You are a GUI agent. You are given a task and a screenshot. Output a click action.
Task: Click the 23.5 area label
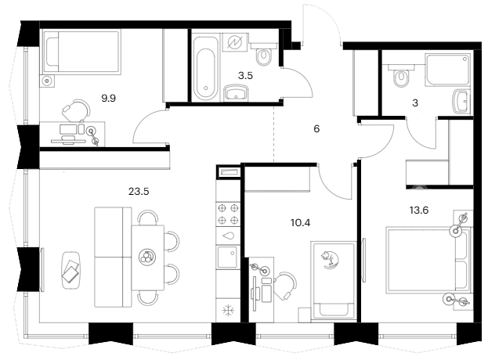tap(139, 192)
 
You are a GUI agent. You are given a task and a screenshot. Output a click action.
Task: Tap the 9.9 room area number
tap(109, 99)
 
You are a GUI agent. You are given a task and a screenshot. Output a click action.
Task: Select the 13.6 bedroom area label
tap(419, 211)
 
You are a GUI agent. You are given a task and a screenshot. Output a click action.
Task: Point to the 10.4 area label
tap(300, 223)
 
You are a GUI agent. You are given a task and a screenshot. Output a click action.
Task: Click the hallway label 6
tap(316, 128)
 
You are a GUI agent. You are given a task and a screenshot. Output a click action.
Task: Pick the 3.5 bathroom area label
tap(245, 76)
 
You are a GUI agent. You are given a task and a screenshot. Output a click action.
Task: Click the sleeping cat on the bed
tap(330, 259)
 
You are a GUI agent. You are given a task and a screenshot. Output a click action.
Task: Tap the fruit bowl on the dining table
tap(147, 257)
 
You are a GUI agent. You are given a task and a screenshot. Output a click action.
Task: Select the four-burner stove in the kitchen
tap(228, 214)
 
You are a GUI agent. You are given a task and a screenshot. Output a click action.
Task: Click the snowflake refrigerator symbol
tap(228, 310)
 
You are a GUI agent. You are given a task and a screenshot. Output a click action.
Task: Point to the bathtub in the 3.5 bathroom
tap(205, 68)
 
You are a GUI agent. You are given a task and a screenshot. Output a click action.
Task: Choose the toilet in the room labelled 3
tap(400, 76)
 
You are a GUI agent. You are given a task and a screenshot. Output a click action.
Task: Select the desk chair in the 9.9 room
tap(77, 110)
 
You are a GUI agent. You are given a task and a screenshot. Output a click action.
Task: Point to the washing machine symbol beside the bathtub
tap(235, 42)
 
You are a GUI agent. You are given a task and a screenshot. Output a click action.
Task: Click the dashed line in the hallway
tap(273, 135)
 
